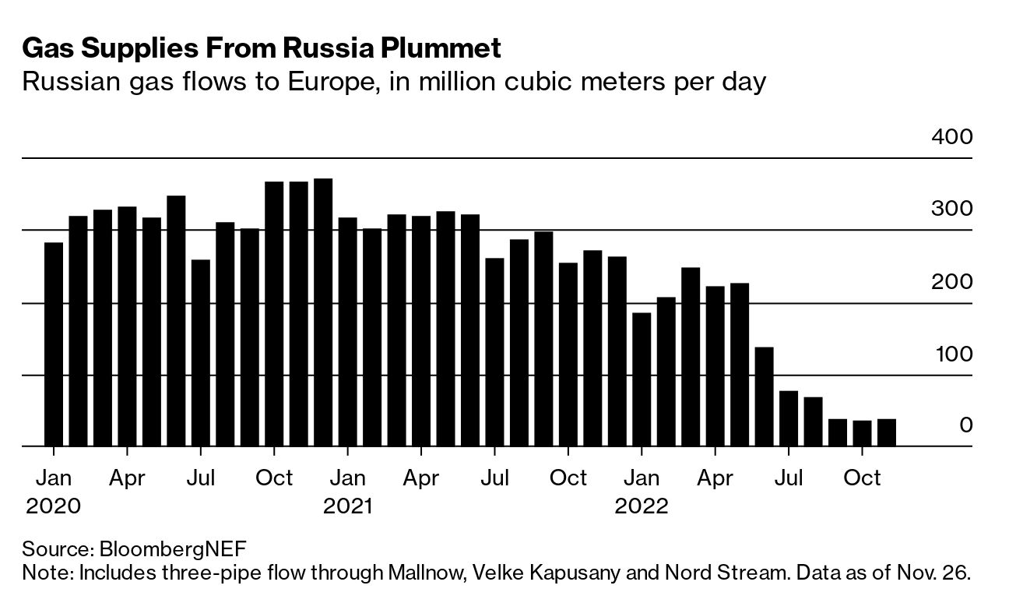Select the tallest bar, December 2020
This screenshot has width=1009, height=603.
[323, 312]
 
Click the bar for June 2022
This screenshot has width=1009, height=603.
[764, 397]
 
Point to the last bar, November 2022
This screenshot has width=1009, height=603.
[886, 432]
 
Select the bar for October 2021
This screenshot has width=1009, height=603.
[568, 354]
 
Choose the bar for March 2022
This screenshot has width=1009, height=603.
[691, 357]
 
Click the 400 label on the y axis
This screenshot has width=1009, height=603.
[951, 137]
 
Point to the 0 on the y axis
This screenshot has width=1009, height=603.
[965, 425]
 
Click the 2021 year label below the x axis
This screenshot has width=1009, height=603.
[347, 506]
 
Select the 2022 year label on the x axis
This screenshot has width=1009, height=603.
[642, 506]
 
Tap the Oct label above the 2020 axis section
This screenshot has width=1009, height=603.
[274, 478]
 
